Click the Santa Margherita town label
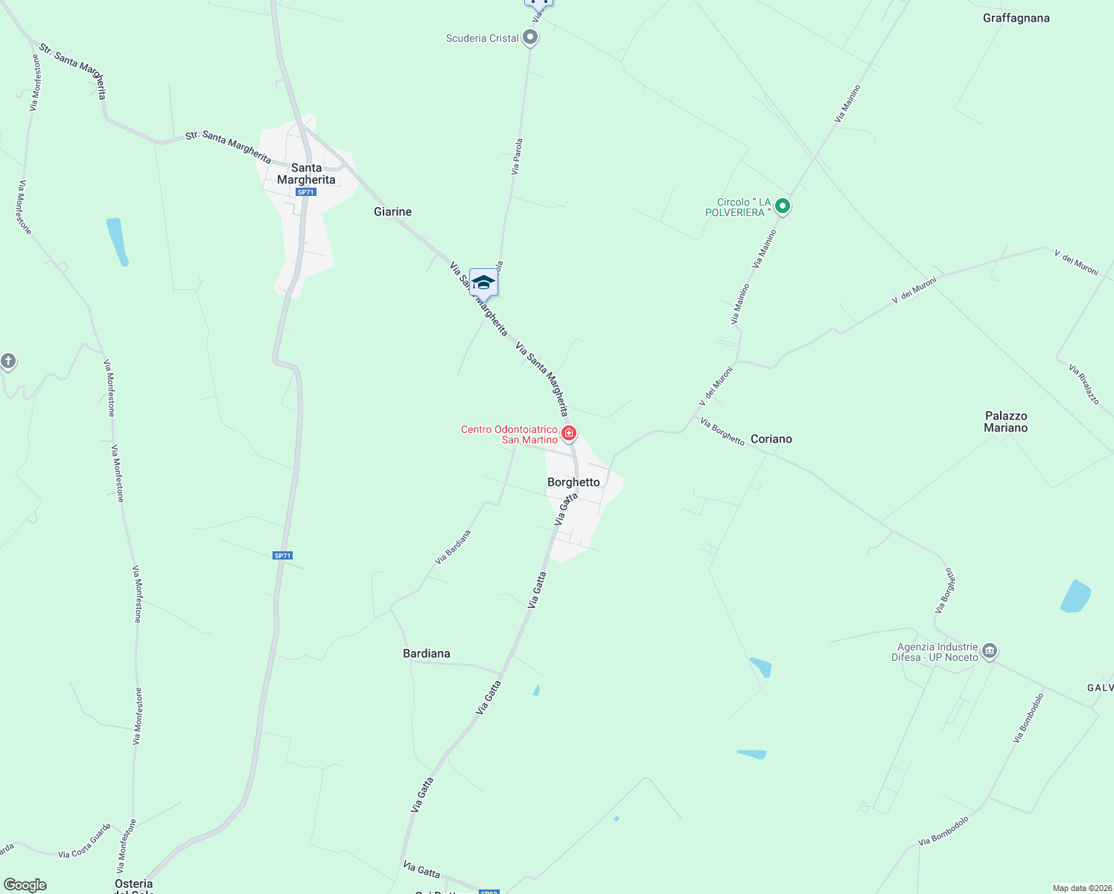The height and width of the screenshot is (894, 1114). (306, 174)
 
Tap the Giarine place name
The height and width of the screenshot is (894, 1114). (392, 212)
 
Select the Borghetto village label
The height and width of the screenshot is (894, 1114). (573, 482)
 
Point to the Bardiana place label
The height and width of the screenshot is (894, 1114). (426, 653)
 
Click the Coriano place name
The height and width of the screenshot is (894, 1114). (771, 439)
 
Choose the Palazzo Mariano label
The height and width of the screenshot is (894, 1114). (1005, 422)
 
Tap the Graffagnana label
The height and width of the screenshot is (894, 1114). (1016, 18)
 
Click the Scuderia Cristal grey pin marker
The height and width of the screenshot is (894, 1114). (530, 37)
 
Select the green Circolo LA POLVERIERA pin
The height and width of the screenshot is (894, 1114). (782, 206)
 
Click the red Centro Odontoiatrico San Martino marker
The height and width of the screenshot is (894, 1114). (569, 433)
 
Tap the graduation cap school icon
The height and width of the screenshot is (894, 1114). (483, 283)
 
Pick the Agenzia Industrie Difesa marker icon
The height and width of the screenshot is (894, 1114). (990, 650)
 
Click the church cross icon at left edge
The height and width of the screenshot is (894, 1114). (8, 361)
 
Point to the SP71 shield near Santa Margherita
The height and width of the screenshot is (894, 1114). (305, 192)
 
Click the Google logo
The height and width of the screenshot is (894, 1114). (25, 885)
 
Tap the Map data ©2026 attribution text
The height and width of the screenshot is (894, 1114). (1081, 888)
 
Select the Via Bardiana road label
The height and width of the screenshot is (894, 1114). (453, 547)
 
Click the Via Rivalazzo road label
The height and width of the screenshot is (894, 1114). (1083, 384)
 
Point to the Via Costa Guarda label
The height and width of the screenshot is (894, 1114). (85, 841)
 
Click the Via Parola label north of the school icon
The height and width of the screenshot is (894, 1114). (517, 156)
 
